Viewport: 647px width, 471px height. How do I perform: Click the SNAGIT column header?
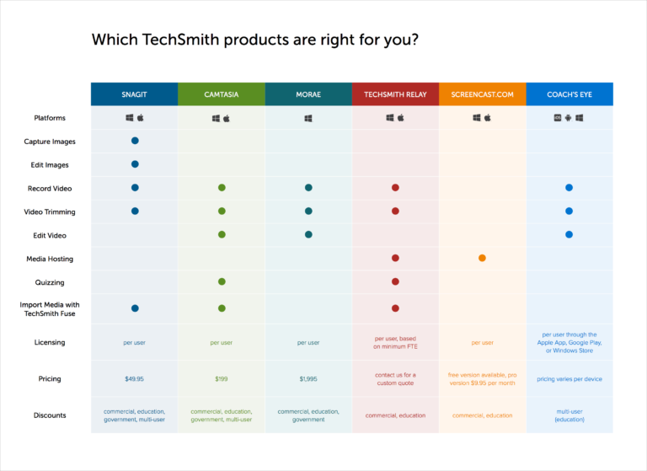134,94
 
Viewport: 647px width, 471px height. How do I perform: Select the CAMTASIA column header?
222,94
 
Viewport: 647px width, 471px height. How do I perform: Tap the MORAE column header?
308,94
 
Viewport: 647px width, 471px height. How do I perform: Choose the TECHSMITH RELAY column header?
395,94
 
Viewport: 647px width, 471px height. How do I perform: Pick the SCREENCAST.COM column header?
482,94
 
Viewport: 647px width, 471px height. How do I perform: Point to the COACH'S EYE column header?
569,94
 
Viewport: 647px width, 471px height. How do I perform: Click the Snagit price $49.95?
134,379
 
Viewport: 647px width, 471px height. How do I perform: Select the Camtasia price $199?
222,379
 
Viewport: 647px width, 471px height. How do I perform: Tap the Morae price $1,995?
308,379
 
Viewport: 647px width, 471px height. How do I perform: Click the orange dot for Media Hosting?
482,258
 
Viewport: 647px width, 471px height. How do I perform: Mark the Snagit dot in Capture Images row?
135,141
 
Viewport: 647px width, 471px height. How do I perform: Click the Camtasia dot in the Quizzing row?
222,281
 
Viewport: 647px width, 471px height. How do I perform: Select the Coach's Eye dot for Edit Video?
569,234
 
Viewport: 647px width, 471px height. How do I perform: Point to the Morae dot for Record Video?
308,188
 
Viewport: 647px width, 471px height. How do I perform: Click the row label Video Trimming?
50,211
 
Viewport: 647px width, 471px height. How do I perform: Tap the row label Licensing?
50,342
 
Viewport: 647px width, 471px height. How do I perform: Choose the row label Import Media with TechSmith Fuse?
50,309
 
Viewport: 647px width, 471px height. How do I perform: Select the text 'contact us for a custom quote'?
395,379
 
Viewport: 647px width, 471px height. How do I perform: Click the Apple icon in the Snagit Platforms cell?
140,118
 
